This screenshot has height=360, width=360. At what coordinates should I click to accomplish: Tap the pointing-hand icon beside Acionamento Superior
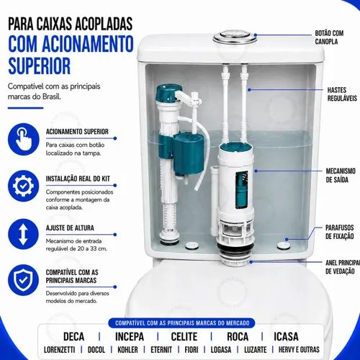click(x=23, y=139)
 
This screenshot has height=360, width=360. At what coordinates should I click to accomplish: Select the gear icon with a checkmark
click(x=23, y=186)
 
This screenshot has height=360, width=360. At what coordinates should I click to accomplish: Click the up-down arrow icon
click(x=23, y=234)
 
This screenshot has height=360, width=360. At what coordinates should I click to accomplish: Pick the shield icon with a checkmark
click(x=23, y=280)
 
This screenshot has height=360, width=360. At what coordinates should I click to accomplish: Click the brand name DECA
click(x=73, y=336)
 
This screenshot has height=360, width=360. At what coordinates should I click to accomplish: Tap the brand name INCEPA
click(x=130, y=336)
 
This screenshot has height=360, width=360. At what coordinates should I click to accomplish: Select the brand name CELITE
click(x=184, y=336)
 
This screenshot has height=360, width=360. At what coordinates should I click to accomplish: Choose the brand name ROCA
click(x=238, y=336)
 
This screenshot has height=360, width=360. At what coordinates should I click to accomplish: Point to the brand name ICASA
click(x=286, y=336)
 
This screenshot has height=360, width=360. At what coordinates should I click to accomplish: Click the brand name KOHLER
click(x=127, y=350)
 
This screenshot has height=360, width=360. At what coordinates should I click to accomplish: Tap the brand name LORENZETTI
click(x=60, y=350)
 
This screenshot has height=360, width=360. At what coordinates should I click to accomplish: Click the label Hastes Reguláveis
click(x=342, y=94)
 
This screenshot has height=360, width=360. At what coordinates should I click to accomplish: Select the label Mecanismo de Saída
click(x=341, y=175)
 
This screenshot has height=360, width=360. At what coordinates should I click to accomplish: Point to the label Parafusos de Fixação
click(x=340, y=232)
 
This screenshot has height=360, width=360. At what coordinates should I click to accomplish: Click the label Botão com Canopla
click(x=329, y=37)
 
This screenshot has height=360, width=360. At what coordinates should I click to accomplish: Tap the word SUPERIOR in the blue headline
click(x=40, y=66)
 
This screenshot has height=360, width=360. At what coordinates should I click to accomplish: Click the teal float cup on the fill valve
click(x=189, y=153)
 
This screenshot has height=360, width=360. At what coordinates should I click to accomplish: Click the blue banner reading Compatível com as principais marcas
click(x=182, y=323)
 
